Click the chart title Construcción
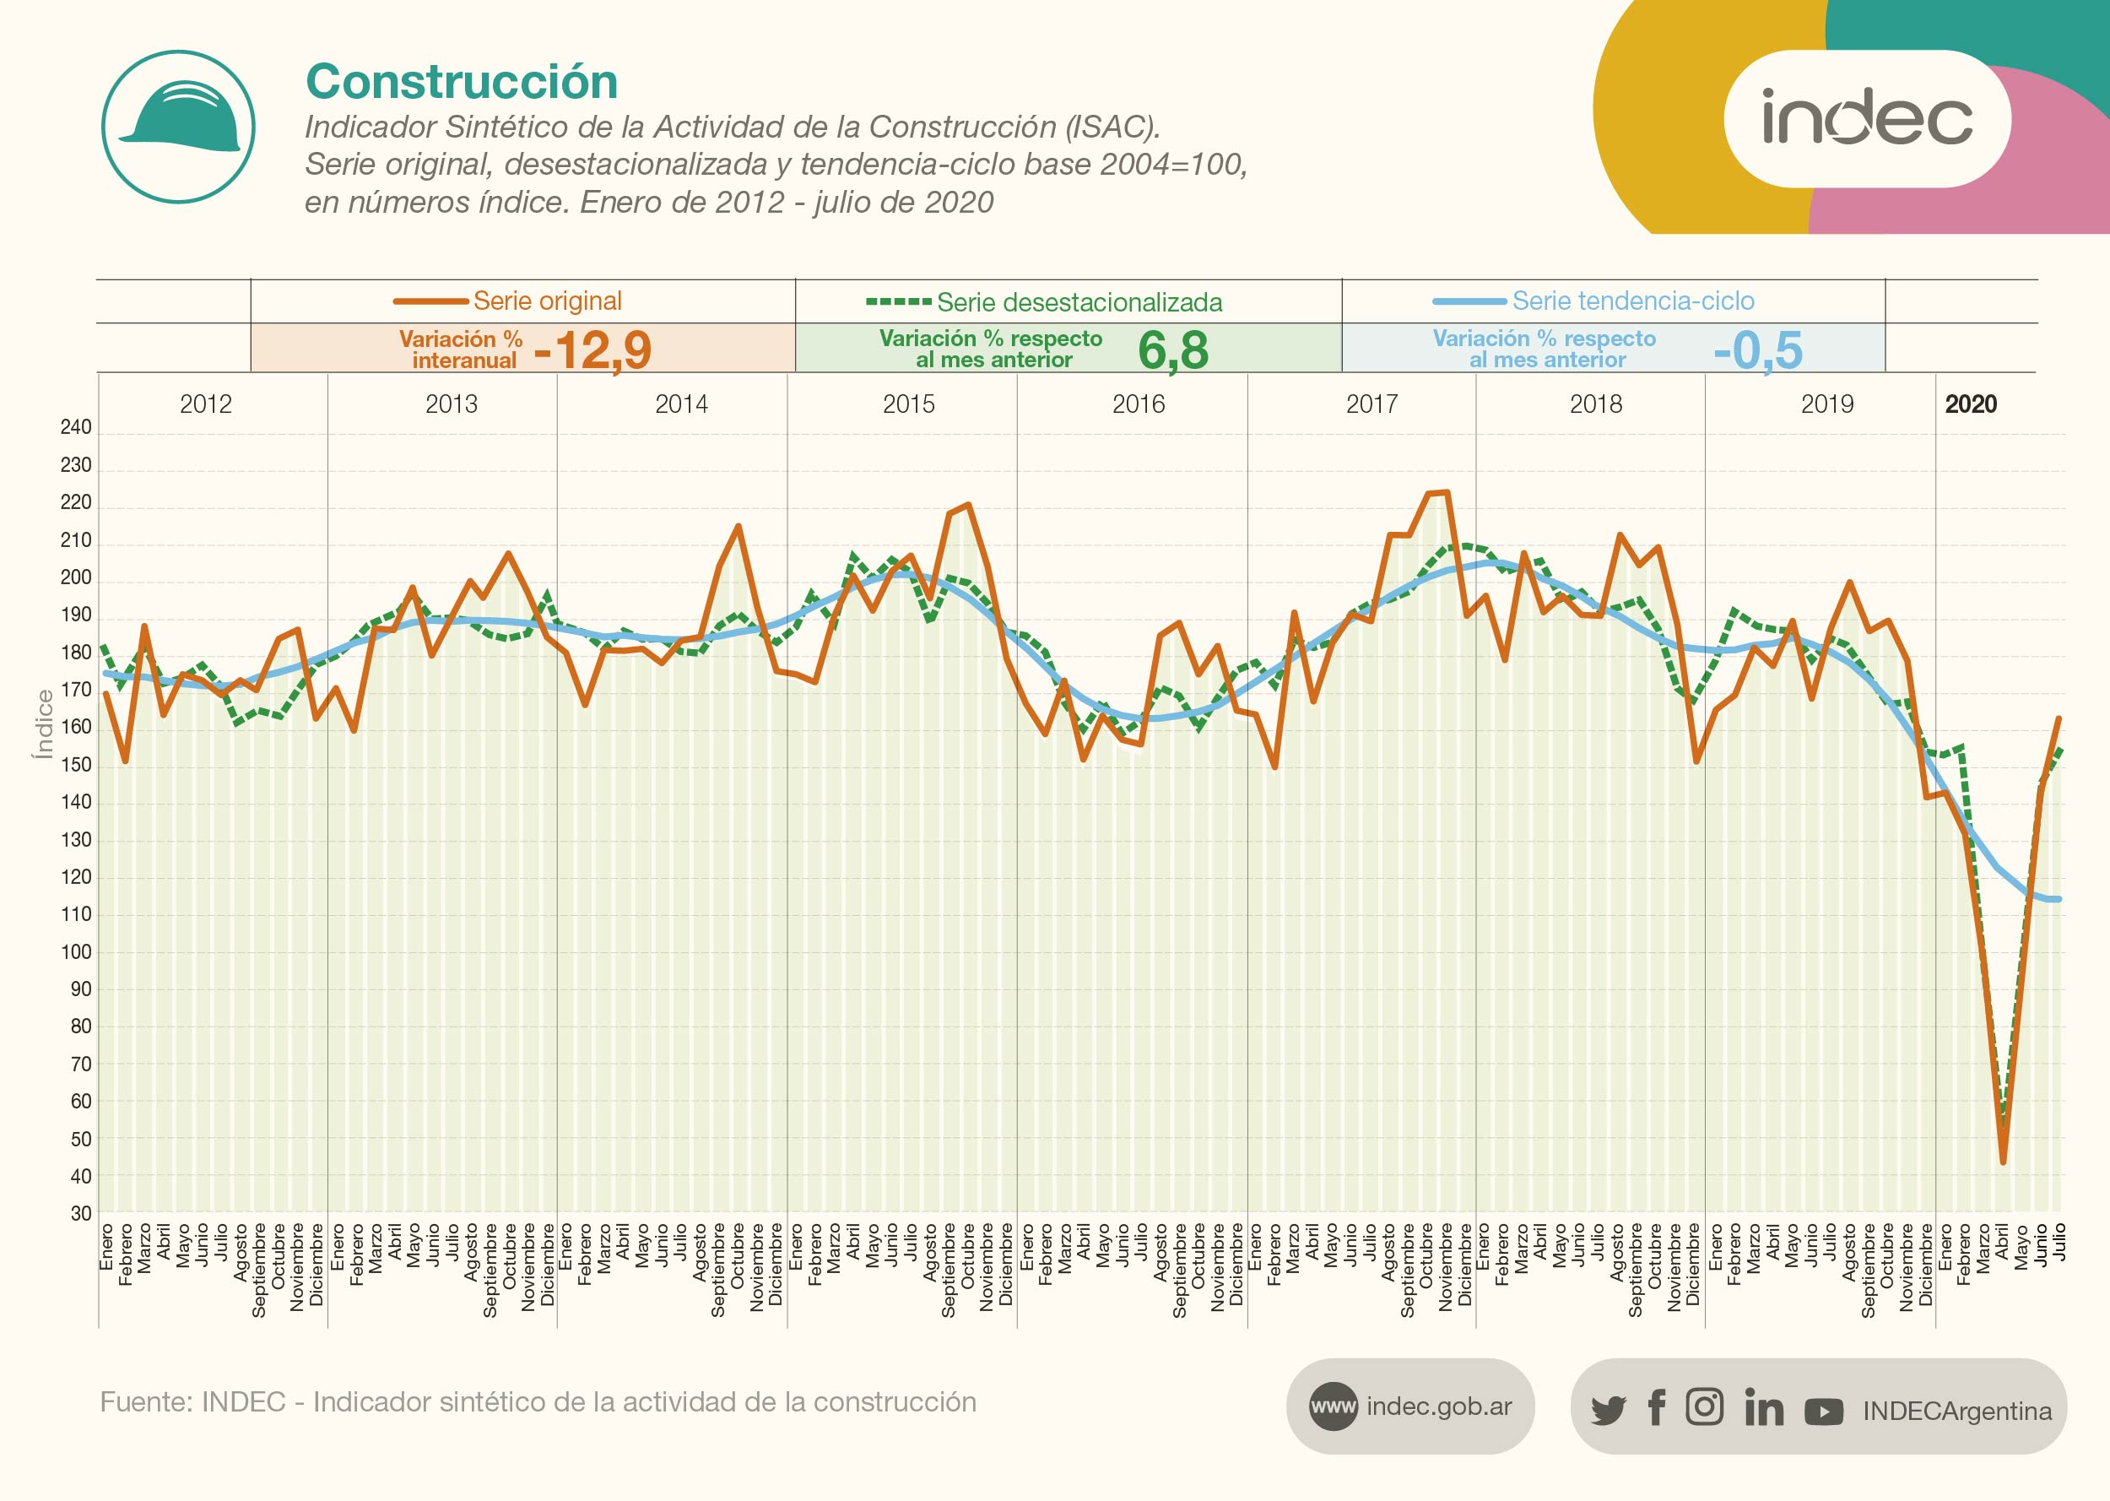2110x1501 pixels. point(461,81)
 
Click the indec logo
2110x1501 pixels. point(1866,118)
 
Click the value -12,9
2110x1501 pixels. point(593,350)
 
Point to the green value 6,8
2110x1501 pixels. point(1172,350)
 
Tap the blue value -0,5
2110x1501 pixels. point(1756,350)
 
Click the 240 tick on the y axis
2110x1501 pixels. point(76,427)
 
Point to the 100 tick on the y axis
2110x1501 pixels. point(76,952)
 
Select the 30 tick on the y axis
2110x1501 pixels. point(81,1214)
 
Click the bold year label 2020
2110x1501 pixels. point(1970,404)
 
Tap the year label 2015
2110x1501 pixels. point(908,404)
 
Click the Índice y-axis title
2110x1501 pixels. point(43,724)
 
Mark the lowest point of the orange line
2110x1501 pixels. point(2002,1162)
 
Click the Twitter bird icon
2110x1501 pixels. point(1608,1411)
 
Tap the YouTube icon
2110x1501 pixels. point(1824,1412)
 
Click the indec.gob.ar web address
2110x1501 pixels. point(1438,1406)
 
